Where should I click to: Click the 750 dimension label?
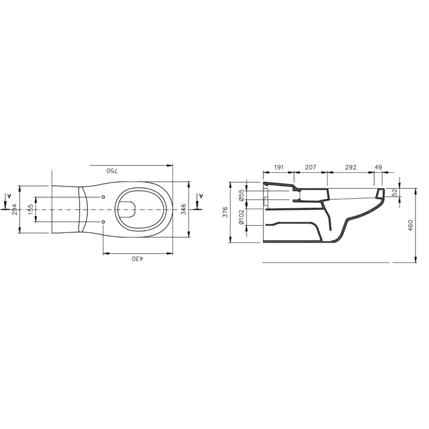112,171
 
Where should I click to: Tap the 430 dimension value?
138,258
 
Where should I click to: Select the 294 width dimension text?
14,209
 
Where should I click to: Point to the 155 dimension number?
31,209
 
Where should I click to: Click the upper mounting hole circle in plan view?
103,197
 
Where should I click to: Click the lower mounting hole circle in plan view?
103,222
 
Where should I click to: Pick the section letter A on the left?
9,195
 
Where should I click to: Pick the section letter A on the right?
201,195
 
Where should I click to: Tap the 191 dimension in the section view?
278,167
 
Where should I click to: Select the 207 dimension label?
310,167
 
